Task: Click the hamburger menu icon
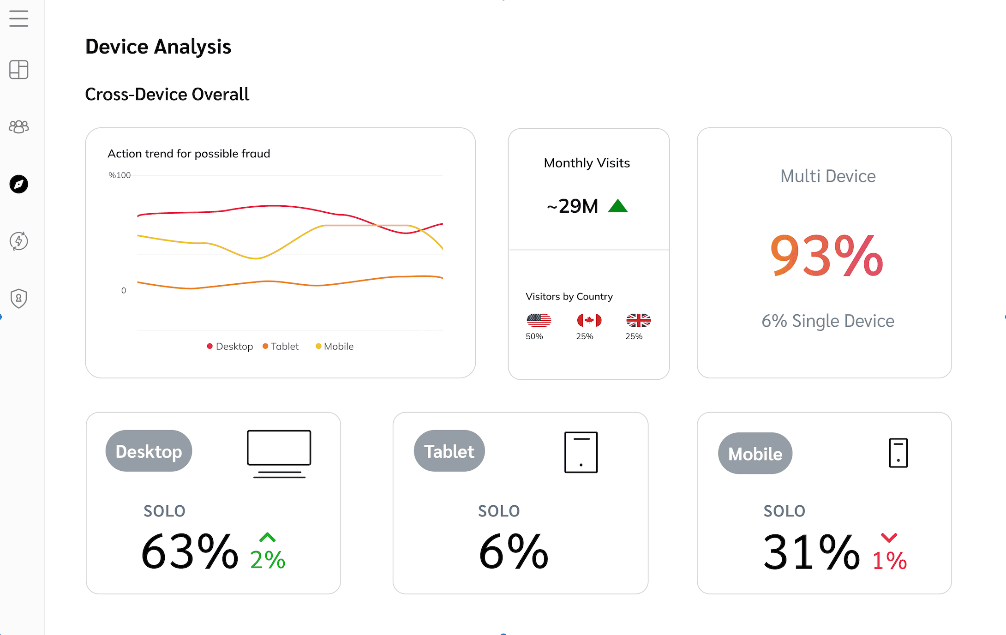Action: point(19,18)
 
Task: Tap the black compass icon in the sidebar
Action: point(19,184)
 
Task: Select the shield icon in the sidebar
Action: point(19,298)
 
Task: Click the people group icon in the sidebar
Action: point(19,126)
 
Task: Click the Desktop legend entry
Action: point(230,346)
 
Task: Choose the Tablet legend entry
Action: point(281,346)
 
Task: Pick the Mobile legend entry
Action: point(335,346)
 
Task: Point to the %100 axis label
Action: point(120,175)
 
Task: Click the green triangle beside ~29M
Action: point(618,206)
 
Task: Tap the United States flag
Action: point(539,320)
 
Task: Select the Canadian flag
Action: point(589,320)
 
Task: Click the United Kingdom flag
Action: point(638,320)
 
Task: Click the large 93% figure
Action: point(826,255)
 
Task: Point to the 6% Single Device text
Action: point(828,321)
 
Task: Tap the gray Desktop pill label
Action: point(149,451)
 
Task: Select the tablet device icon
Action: point(581,452)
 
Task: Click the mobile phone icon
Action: point(898,453)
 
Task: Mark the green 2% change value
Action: point(268,560)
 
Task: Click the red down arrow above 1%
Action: point(889,538)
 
